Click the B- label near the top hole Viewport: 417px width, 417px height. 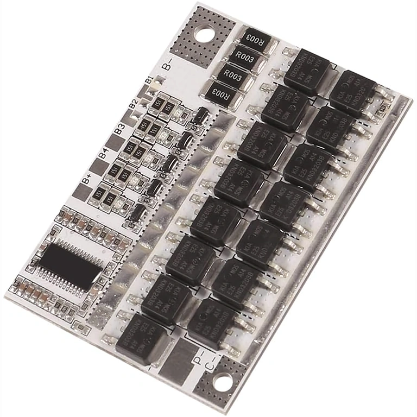tap(168, 65)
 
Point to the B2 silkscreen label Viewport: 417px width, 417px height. tap(133, 103)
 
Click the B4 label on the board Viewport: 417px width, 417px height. tap(103, 156)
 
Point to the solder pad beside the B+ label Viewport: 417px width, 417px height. tap(78, 192)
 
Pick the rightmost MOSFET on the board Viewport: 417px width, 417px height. tap(353, 91)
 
